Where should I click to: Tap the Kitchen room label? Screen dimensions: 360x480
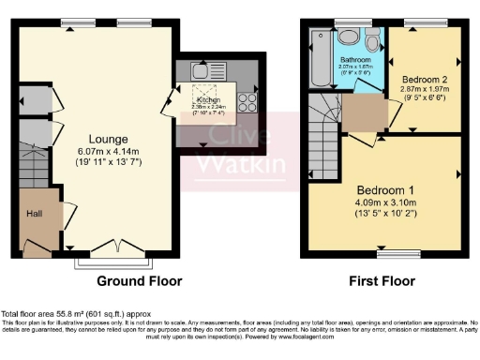point(206,97)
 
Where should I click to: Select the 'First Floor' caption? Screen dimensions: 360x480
point(383,280)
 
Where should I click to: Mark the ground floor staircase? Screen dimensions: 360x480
point(28,168)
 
